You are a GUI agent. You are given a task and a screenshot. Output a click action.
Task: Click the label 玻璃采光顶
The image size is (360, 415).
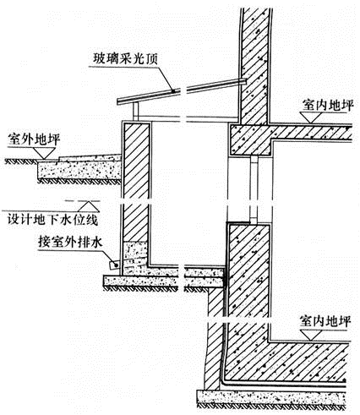(x=126, y=59)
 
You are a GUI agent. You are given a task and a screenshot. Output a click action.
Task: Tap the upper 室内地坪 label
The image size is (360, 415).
(x=328, y=105)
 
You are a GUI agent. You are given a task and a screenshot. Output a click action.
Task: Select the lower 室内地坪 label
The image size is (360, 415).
(x=325, y=321)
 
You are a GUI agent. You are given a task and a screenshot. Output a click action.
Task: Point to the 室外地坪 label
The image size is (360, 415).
(x=34, y=139)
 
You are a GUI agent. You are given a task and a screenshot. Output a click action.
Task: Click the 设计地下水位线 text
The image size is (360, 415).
(x=52, y=220)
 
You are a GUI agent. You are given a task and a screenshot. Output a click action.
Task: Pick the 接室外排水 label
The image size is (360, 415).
(x=70, y=242)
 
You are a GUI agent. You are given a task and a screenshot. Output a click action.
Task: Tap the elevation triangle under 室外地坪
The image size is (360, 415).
(x=45, y=153)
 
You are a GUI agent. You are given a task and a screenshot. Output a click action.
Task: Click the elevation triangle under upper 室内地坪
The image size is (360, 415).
(x=311, y=117)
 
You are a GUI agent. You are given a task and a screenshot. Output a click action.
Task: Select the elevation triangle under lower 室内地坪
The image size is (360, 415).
(x=311, y=335)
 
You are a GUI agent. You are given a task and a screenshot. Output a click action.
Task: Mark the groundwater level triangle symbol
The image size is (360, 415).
(x=89, y=206)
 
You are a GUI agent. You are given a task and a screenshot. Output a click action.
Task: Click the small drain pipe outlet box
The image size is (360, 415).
(x=114, y=265)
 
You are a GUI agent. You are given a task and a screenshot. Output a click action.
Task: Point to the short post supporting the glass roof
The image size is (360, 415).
(x=136, y=112)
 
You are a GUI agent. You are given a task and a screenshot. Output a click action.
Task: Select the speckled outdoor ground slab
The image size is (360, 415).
(x=79, y=170)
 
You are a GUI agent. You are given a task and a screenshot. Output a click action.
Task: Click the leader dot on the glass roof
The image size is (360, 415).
(x=172, y=90)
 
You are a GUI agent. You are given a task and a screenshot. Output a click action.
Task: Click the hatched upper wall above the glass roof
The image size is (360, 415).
(x=254, y=66)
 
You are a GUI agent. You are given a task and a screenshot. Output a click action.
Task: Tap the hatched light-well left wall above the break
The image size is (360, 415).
(x=136, y=161)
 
